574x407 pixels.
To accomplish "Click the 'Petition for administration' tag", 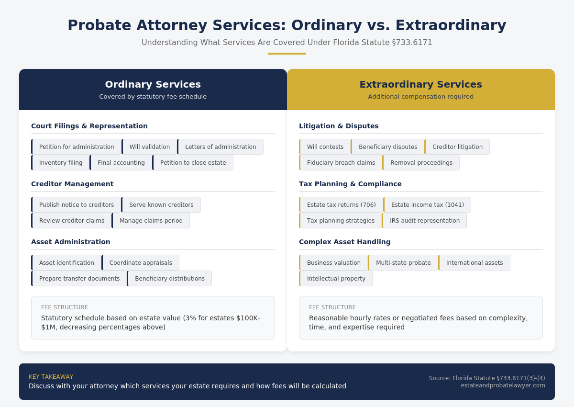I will [77, 147].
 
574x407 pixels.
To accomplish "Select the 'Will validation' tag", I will [149, 147].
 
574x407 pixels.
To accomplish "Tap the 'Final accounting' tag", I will [121, 163].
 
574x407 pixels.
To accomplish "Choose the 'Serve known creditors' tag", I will [161, 205].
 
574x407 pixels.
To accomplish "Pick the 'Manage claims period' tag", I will [151, 221].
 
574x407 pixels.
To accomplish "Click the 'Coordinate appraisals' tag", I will [141, 263].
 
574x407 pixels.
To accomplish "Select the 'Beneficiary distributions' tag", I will [169, 279].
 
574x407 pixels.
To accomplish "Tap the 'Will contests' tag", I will [325, 147].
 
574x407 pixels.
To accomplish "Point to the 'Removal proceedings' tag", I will [421, 163].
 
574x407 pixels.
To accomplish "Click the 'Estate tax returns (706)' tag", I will [341, 205].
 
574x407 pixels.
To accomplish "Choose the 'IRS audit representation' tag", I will [424, 221].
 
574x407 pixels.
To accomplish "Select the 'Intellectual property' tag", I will [336, 279].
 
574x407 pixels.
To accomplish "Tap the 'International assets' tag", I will [474, 263].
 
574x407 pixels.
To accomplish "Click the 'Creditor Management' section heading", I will [72, 184].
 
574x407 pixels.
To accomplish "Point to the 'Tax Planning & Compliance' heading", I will [350, 184].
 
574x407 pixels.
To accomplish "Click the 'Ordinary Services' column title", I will [153, 84].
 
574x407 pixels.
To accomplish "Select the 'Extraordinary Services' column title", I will [421, 84].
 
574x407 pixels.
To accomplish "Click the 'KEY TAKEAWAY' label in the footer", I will [51, 377].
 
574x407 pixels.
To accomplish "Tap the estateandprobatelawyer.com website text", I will [503, 385].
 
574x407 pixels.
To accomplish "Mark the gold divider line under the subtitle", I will [287, 54].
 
